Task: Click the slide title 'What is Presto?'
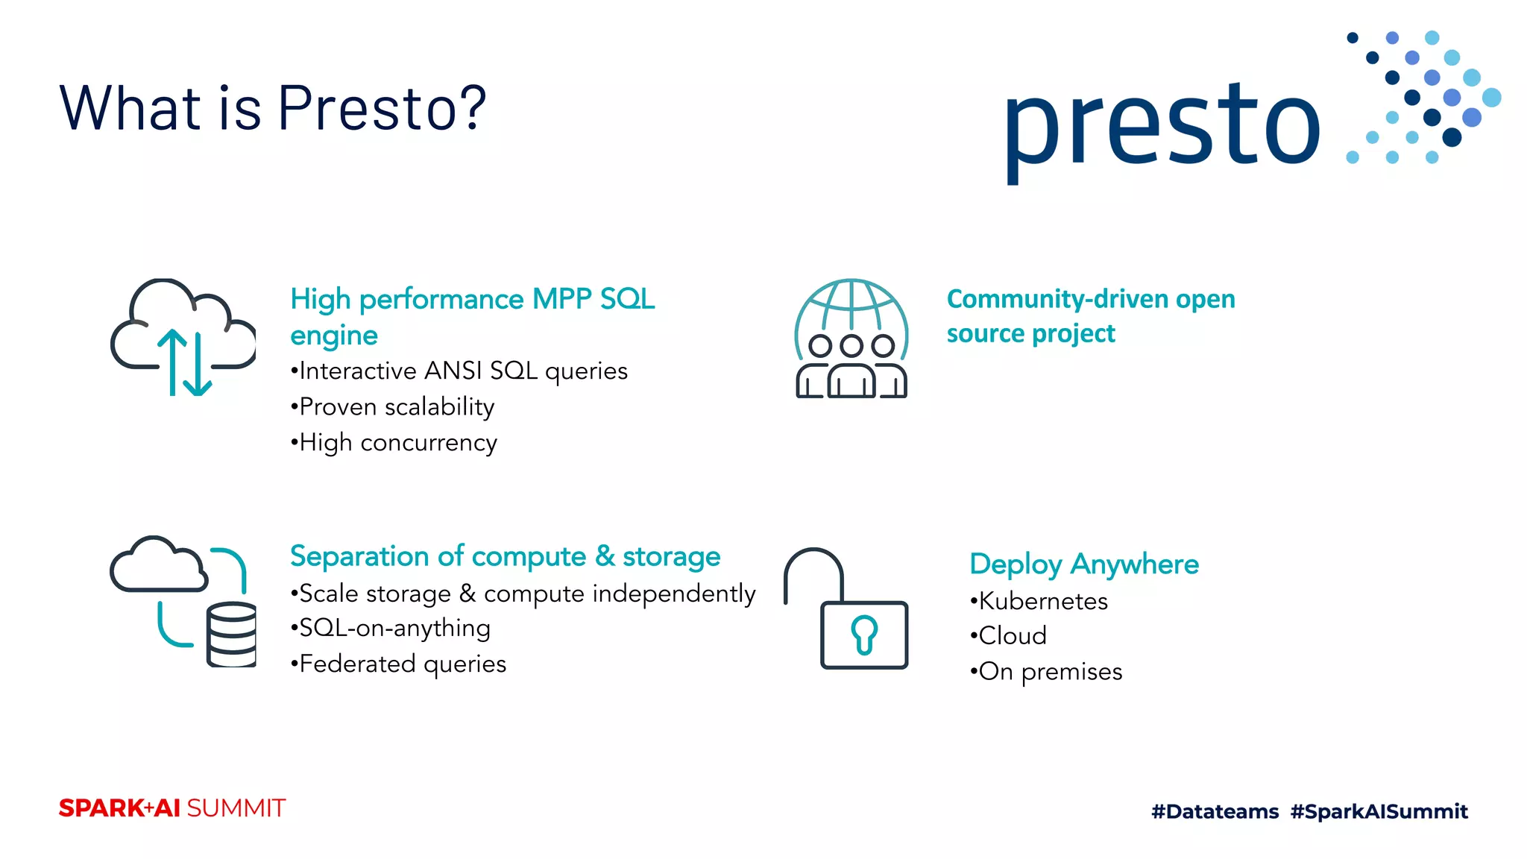[272, 108]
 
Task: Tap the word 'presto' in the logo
[1162, 127]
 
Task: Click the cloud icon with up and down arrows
[183, 337]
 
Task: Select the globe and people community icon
[851, 339]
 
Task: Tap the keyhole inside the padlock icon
[864, 635]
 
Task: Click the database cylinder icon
[232, 635]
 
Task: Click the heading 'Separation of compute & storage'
[505, 556]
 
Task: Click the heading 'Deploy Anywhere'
[1083, 564]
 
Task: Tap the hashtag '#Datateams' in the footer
[1215, 811]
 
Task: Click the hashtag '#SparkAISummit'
[1379, 811]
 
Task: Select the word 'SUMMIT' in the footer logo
[236, 808]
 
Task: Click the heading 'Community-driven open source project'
[1090, 316]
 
